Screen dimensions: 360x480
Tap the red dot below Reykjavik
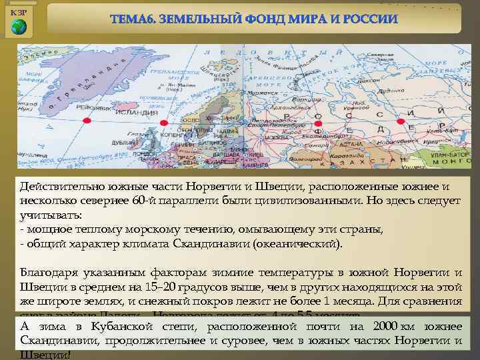pos(87,121)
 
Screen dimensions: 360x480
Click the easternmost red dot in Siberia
pos(400,121)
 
